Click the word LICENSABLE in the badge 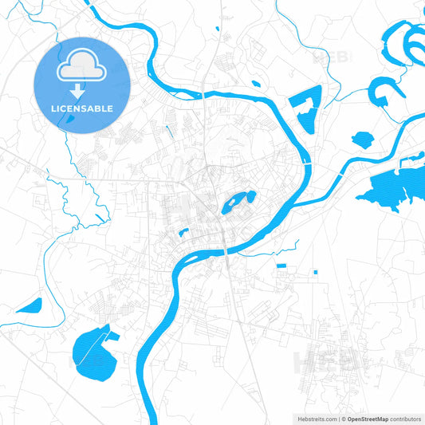pos(83,108)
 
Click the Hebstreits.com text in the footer pos(315,418)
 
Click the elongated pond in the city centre pos(237,203)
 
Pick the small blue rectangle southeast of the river pos(281,265)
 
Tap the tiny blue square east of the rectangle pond pos(316,273)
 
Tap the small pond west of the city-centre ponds pos(183,232)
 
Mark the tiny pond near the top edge pos(217,30)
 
